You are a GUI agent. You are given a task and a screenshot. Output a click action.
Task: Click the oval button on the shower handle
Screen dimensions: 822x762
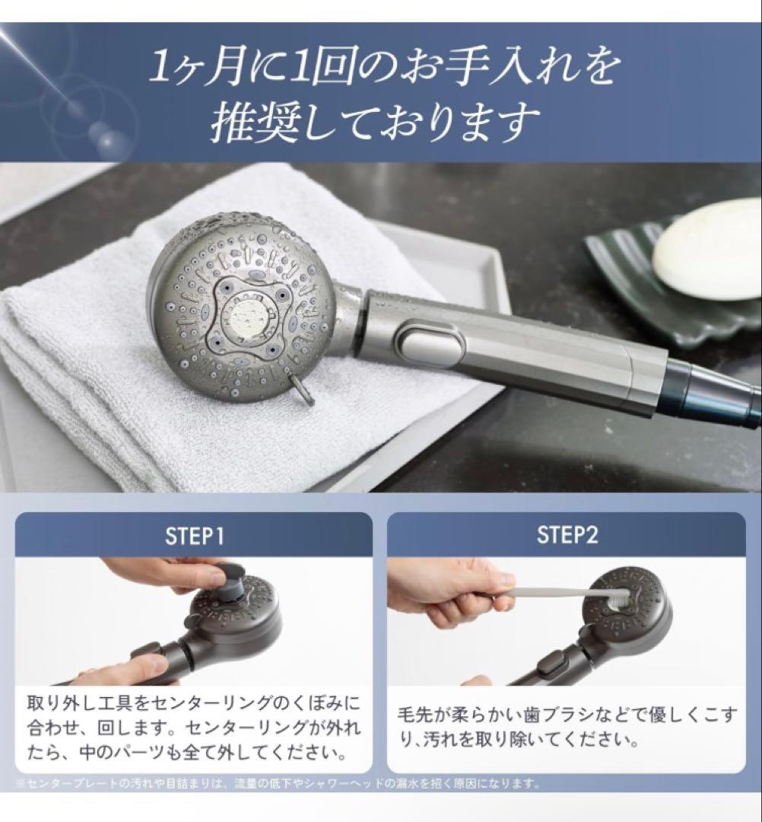click(431, 345)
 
